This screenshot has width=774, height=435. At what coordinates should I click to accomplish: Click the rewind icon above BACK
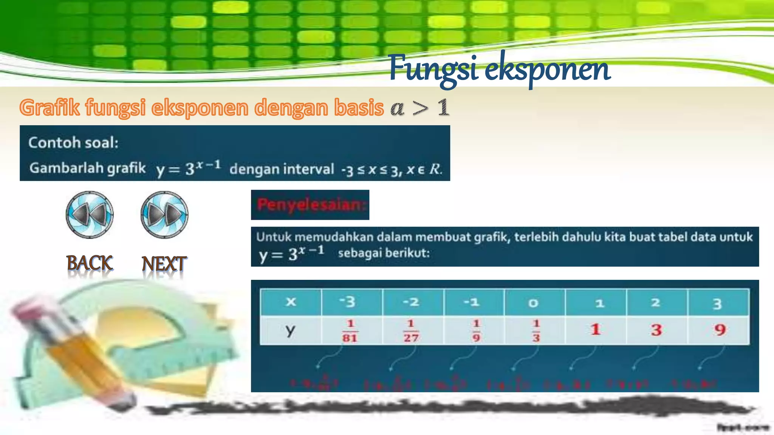click(x=90, y=214)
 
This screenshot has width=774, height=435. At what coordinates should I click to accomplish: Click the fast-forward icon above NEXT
click(x=164, y=214)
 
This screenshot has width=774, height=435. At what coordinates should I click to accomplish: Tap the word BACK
click(x=90, y=263)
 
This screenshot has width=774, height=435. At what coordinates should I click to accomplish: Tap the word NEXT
click(x=164, y=264)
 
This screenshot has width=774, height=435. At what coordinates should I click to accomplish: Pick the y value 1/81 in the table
click(x=350, y=330)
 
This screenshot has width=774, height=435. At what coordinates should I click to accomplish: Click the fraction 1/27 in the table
click(x=411, y=330)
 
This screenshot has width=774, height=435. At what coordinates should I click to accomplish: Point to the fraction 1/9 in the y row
click(x=476, y=330)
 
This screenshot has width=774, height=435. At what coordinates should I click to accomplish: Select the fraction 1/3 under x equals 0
click(x=536, y=330)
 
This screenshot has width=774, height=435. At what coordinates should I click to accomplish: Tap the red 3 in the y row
click(x=656, y=330)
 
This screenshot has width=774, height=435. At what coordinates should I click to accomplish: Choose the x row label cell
click(x=291, y=302)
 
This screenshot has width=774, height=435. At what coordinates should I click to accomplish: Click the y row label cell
click(x=290, y=330)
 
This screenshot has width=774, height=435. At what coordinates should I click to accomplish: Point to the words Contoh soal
click(x=73, y=143)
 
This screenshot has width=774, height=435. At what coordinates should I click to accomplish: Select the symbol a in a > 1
click(x=397, y=108)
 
